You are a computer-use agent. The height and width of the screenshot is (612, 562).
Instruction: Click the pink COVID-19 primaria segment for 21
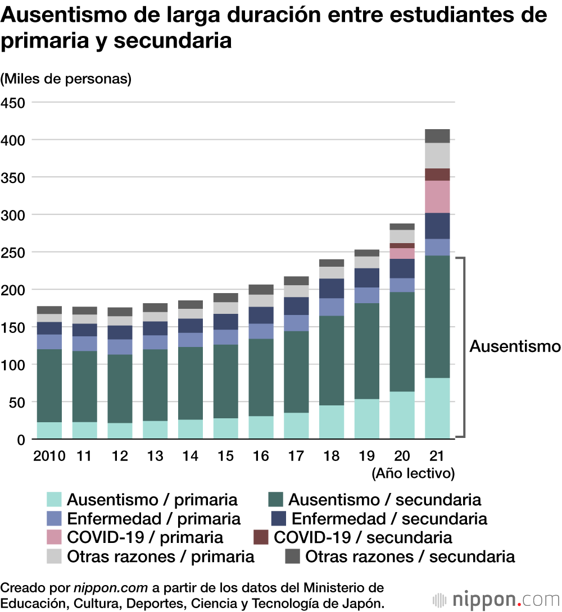437,197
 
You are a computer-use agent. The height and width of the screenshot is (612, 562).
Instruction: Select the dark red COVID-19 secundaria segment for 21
437,175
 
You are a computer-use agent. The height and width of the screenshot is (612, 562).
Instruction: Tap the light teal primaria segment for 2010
49,430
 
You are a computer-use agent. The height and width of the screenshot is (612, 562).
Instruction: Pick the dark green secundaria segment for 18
332,360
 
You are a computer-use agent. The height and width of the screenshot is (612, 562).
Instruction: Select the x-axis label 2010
49,455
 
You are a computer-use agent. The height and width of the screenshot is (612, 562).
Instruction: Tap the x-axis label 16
261,455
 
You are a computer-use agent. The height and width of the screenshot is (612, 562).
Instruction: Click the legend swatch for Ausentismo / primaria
54,500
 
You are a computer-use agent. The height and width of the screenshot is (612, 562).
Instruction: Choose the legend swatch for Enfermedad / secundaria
279,518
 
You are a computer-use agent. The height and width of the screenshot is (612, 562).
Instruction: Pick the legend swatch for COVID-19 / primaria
54,537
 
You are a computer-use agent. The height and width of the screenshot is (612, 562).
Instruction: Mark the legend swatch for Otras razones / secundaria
292,556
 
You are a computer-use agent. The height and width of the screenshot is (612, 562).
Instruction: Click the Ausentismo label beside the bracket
515,346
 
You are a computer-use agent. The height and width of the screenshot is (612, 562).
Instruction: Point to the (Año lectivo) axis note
413,473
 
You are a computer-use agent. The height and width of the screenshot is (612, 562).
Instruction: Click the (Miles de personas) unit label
66,79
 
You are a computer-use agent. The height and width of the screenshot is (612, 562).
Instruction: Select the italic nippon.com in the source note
111,588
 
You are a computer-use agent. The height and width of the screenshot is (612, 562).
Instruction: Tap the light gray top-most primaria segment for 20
402,236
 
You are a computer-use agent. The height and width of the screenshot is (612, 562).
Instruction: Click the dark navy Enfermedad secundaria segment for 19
367,278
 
